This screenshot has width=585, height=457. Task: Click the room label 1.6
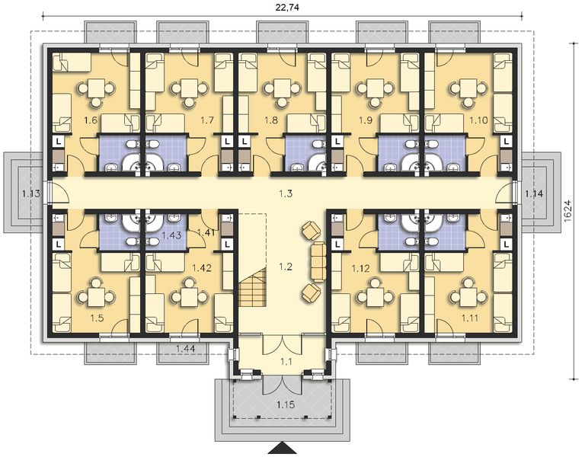(x=90, y=120)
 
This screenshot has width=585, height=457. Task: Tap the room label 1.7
(x=206, y=120)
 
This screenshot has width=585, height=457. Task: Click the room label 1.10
(x=478, y=120)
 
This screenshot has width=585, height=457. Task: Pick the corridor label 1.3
(x=286, y=194)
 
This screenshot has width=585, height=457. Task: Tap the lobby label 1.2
(x=286, y=267)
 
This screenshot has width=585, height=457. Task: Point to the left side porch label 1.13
(x=31, y=193)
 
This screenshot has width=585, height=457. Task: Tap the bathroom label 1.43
(x=171, y=236)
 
